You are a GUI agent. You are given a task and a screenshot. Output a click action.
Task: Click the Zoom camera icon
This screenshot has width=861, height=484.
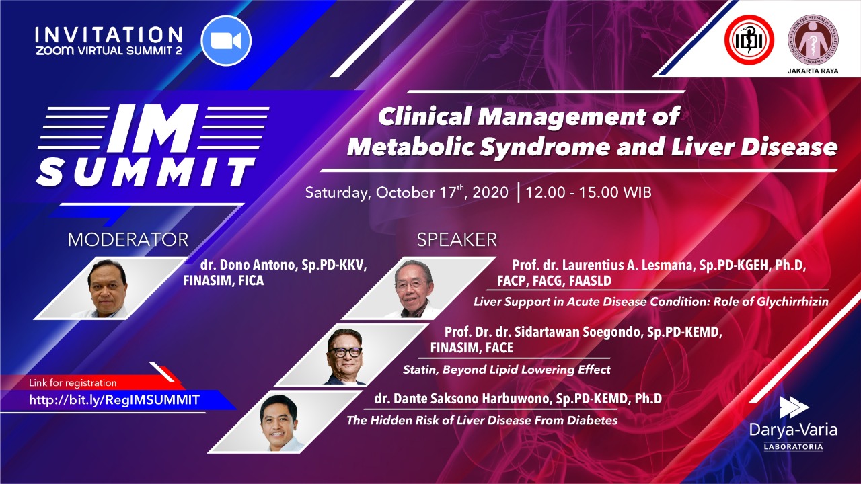226,41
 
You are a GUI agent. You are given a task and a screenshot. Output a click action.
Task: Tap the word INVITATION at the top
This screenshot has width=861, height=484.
109,35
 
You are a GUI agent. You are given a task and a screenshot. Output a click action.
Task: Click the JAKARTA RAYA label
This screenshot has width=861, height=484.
813,71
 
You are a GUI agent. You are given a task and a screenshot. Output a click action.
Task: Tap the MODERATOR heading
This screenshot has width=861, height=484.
128,240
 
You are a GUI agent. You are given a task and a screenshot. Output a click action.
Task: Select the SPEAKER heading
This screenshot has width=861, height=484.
457,240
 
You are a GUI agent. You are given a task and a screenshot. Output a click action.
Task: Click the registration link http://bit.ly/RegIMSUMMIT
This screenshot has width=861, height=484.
114,400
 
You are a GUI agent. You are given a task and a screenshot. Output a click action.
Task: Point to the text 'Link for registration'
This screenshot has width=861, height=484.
73,382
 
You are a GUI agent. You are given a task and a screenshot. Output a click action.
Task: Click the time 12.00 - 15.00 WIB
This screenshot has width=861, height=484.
589,192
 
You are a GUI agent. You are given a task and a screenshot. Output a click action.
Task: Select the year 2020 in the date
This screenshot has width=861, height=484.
490,192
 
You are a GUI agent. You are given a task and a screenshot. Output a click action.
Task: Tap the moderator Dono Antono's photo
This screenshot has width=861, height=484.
106,288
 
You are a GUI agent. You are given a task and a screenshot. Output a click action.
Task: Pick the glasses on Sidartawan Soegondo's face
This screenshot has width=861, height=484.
345,352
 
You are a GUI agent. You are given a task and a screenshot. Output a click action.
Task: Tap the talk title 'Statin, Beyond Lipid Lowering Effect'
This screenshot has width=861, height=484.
507,370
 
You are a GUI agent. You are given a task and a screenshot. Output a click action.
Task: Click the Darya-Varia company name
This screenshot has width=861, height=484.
793,430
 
